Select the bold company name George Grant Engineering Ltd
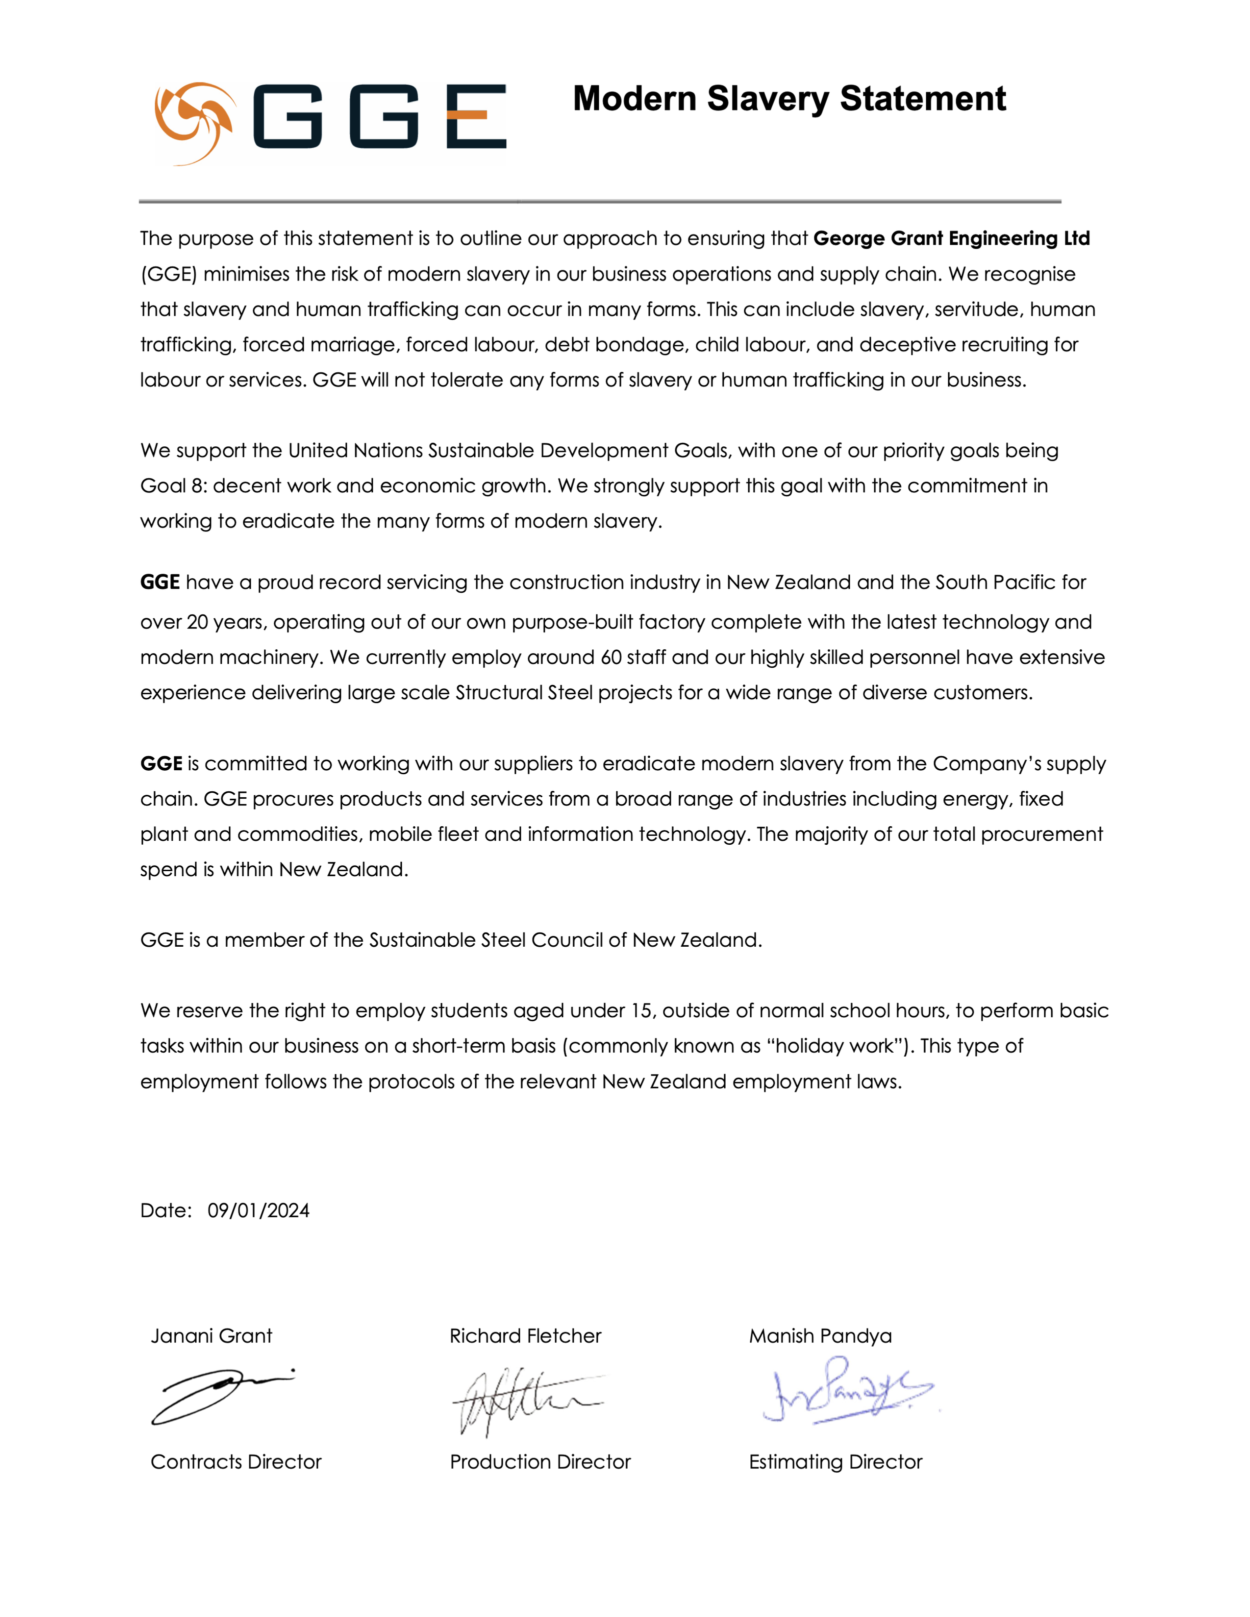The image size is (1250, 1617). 951,238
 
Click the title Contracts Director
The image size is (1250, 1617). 236,1462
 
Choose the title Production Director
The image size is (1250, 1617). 540,1462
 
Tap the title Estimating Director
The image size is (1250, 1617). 835,1462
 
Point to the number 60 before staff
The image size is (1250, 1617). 611,657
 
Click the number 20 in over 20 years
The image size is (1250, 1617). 197,622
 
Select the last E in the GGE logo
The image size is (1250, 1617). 476,116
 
